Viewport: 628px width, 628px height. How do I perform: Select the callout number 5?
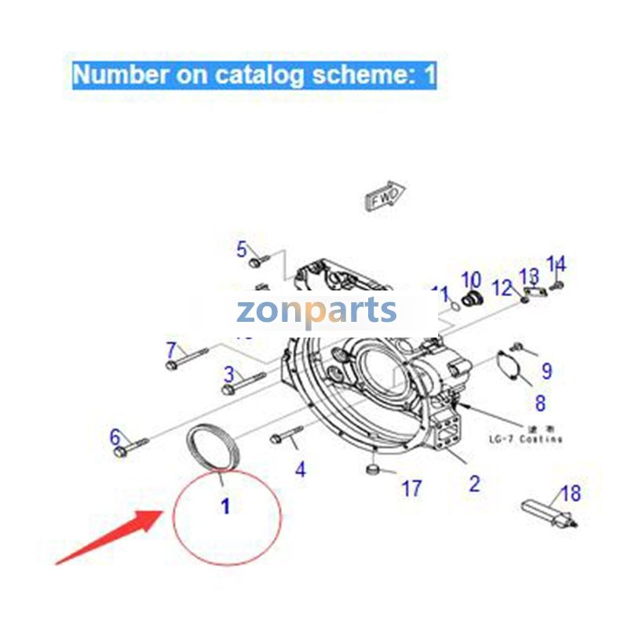pyautogui.click(x=242, y=250)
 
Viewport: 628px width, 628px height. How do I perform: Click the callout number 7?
pyautogui.click(x=171, y=349)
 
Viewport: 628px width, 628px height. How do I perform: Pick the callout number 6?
pyautogui.click(x=115, y=436)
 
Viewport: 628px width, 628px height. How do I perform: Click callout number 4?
pyautogui.click(x=300, y=469)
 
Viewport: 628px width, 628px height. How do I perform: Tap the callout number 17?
pyautogui.click(x=412, y=489)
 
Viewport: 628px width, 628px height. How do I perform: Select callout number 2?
pyautogui.click(x=474, y=483)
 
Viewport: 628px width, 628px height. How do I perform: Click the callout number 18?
pyautogui.click(x=571, y=494)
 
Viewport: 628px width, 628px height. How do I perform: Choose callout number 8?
pyautogui.click(x=540, y=403)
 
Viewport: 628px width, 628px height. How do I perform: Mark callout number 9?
pyautogui.click(x=546, y=371)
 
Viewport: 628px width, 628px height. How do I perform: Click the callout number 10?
pyautogui.click(x=470, y=279)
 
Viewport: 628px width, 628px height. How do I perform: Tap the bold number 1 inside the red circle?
pyautogui.click(x=225, y=506)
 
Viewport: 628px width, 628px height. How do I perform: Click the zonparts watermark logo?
pyautogui.click(x=316, y=312)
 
